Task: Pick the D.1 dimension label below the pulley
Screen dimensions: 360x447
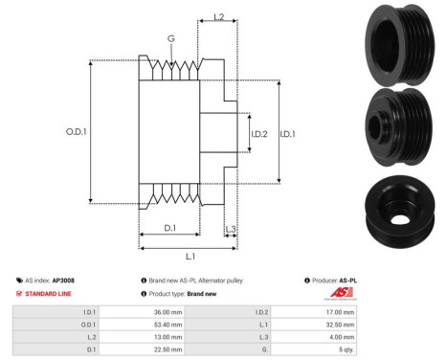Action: [x=169, y=227]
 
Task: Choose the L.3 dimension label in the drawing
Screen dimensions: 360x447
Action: [x=231, y=229]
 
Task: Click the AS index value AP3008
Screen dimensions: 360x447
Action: [x=63, y=280]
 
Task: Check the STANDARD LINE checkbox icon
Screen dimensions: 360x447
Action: [x=20, y=293]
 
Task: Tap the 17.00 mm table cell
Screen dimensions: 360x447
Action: [x=339, y=311]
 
